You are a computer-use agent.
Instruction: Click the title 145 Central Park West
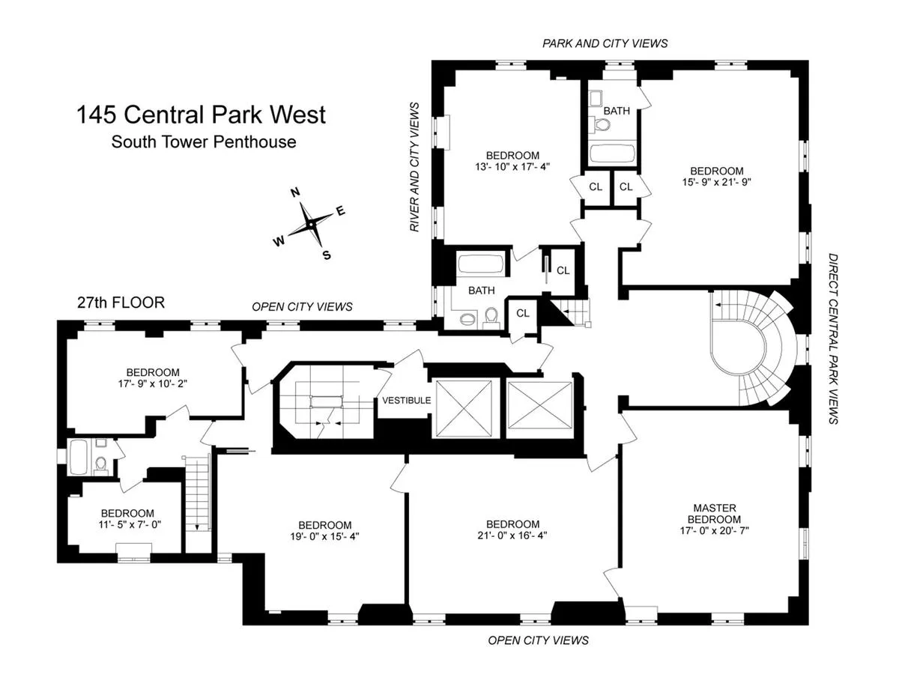[201, 115]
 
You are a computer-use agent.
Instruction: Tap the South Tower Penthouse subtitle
[204, 141]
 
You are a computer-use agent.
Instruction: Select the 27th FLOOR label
[121, 303]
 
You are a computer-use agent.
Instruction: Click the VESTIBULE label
[406, 401]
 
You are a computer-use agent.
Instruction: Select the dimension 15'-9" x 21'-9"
[717, 181]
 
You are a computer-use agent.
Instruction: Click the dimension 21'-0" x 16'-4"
[512, 535]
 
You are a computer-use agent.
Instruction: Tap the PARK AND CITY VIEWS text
[605, 43]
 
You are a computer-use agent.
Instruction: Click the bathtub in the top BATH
[611, 155]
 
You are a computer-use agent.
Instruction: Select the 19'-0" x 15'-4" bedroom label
[324, 530]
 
